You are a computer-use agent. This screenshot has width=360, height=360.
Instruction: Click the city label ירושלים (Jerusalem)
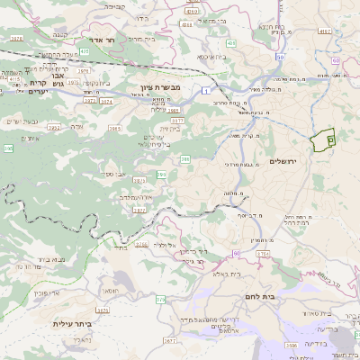tap(289, 162)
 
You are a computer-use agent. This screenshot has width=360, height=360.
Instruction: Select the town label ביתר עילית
tap(73, 324)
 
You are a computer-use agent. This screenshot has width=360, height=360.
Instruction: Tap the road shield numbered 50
tap(280, 57)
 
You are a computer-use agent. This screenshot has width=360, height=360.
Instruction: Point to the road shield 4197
tap(325, 31)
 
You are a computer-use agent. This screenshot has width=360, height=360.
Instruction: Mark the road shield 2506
tap(291, 346)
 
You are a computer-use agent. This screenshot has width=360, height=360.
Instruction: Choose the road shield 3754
tap(262, 255)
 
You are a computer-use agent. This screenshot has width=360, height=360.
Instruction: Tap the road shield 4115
tap(14, 78)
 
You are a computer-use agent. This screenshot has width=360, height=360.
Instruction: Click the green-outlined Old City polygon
tap(322, 140)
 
